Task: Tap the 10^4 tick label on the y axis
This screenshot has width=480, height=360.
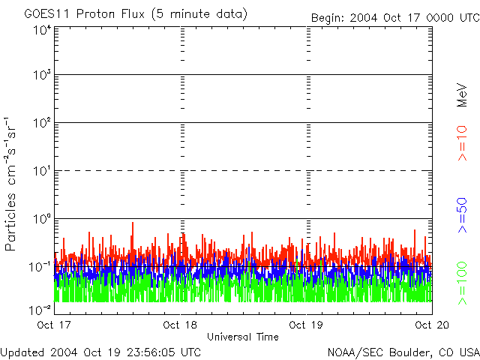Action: point(42,29)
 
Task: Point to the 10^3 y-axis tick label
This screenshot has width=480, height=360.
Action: point(42,75)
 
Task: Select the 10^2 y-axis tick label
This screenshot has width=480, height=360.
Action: point(42,123)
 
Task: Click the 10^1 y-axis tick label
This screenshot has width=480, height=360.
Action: point(42,171)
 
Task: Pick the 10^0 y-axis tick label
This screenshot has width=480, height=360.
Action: point(42,219)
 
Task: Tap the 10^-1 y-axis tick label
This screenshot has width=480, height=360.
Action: point(40,267)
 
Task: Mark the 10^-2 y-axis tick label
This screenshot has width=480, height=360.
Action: point(40,308)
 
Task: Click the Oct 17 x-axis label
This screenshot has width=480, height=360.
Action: point(54,325)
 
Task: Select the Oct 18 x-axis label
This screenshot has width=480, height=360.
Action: point(180,325)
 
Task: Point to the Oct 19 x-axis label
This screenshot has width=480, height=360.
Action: point(306,325)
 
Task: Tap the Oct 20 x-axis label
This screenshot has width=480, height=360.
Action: point(432,325)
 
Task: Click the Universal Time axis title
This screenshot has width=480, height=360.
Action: point(243,337)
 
